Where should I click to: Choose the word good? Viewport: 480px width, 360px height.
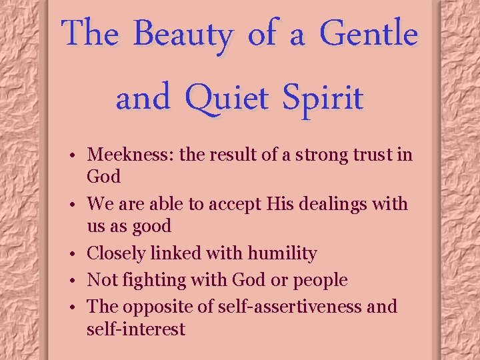150,227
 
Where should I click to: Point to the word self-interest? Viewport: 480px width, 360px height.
136,329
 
